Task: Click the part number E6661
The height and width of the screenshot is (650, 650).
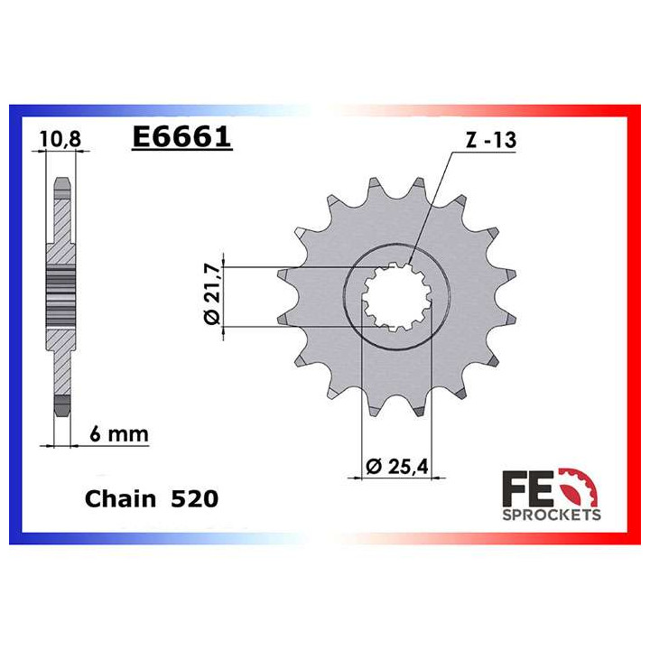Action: pos(181,137)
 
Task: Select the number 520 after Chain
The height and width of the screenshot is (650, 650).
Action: pos(194,498)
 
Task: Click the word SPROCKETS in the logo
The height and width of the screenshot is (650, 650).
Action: pos(550,515)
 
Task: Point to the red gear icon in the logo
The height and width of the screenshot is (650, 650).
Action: pos(579,487)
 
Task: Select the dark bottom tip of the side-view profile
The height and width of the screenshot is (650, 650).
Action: pos(60,404)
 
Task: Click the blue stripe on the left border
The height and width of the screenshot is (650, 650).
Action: pos(14,325)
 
